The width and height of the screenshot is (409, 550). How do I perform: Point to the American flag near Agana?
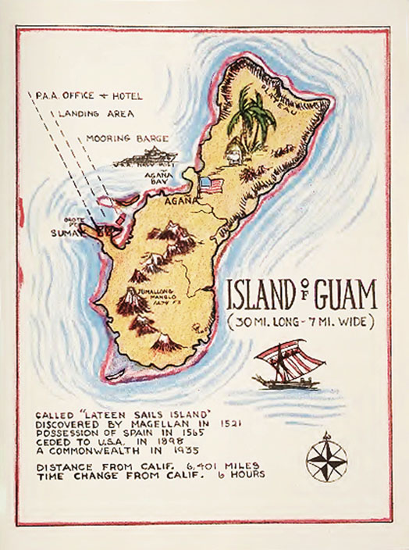pos(211,185)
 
